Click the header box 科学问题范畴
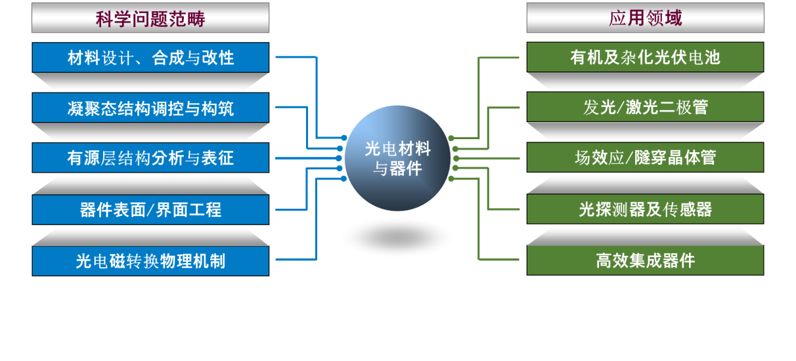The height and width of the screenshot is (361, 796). click(150, 18)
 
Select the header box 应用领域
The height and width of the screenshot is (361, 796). click(645, 18)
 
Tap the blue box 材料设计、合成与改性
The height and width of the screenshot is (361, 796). click(150, 58)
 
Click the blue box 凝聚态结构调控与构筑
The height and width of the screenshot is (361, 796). click(150, 108)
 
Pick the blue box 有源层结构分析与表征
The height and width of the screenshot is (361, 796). click(150, 158)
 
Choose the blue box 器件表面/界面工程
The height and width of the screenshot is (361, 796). click(150, 209)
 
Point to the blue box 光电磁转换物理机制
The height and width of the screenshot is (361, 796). click(150, 261)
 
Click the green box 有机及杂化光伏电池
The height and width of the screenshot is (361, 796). click(645, 58)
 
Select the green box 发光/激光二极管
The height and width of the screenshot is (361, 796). click(645, 108)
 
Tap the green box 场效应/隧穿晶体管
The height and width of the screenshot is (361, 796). click(645, 158)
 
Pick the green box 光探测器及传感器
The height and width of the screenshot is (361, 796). click(645, 209)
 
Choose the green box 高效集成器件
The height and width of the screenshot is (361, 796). click(645, 261)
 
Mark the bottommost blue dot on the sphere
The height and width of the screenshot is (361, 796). click(340, 179)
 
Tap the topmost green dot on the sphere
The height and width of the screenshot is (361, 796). click(451, 138)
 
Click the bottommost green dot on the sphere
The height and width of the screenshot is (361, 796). click(451, 179)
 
